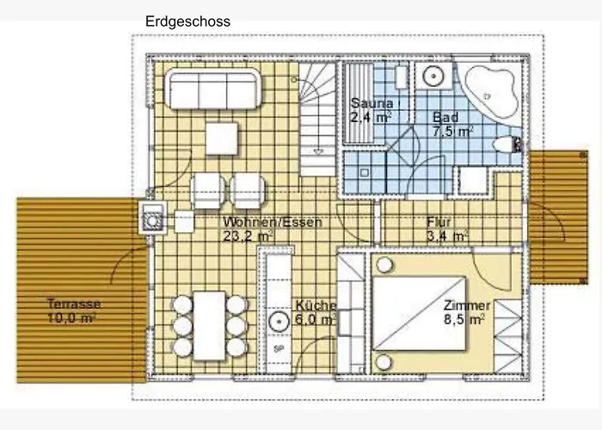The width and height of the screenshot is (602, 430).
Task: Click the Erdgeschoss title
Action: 187,21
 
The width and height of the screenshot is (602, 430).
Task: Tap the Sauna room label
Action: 372,103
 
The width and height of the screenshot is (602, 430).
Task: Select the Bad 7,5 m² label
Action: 451,124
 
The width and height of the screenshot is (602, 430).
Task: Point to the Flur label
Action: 439,222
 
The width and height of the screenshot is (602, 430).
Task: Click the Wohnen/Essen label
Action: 273,222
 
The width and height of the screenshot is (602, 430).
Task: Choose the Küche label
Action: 316,305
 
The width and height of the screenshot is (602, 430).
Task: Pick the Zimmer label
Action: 466,305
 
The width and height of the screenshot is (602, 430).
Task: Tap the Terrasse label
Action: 74,304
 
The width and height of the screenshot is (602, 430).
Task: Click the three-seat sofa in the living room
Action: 213,89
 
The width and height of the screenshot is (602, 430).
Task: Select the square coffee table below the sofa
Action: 222,138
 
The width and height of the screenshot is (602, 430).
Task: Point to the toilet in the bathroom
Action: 507,144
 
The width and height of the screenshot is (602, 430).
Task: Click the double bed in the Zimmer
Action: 420,313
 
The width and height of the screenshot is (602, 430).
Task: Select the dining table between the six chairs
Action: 209,326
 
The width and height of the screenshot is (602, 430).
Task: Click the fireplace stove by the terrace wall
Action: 153,218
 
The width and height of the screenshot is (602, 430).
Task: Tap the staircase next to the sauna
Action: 317,119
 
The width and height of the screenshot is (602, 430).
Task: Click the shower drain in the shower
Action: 365,173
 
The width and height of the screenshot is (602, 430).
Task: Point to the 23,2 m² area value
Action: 248,236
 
